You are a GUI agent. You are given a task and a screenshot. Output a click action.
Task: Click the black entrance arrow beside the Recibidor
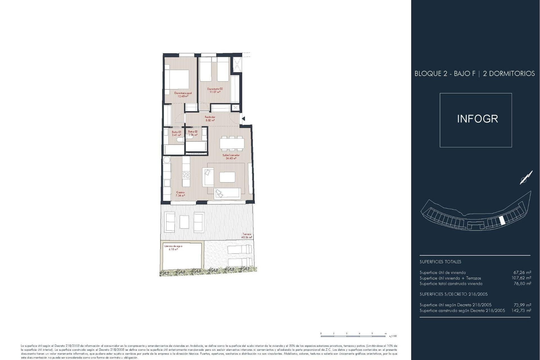(x=244, y=119)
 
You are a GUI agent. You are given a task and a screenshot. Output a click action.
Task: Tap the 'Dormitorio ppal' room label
(x=183, y=93)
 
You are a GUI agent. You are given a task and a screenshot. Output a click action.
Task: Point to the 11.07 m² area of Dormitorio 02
(x=215, y=92)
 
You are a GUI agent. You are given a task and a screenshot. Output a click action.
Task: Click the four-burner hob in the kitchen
(x=186, y=175)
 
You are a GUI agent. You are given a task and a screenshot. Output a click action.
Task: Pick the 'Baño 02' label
(x=193, y=131)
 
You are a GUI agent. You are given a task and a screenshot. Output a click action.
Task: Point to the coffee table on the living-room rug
(x=227, y=177)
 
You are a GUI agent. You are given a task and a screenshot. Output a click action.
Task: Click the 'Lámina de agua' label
(x=173, y=246)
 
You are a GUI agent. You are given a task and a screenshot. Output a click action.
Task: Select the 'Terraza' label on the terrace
(x=247, y=234)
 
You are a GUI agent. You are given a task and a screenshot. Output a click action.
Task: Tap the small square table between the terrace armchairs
(x=184, y=222)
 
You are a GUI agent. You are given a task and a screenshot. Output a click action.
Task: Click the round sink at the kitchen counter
(x=167, y=160)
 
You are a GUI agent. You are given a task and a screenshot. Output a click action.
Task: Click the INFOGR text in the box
(x=477, y=119)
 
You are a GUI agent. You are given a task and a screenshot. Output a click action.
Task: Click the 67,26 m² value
(x=522, y=272)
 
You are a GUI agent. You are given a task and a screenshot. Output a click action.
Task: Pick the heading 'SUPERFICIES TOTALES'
(x=440, y=262)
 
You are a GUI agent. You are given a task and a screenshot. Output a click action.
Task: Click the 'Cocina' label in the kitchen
(x=180, y=192)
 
